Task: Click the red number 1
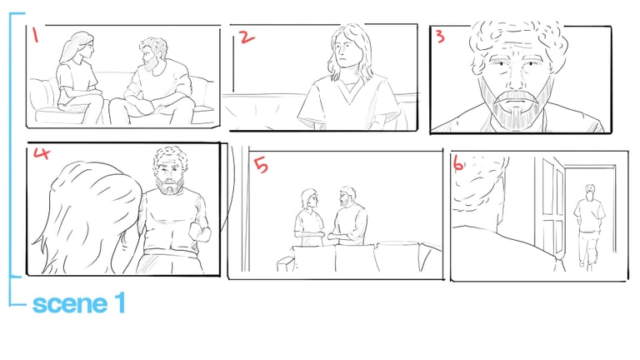click(35, 35)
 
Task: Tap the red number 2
click(247, 37)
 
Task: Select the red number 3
click(440, 37)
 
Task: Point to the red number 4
click(42, 153)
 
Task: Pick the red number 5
click(261, 165)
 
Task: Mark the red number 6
click(458, 163)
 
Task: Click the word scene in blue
click(69, 304)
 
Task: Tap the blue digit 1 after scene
click(120, 302)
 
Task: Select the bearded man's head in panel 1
click(152, 53)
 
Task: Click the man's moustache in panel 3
click(516, 98)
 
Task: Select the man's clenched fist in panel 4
click(200, 232)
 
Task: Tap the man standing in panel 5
click(347, 217)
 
